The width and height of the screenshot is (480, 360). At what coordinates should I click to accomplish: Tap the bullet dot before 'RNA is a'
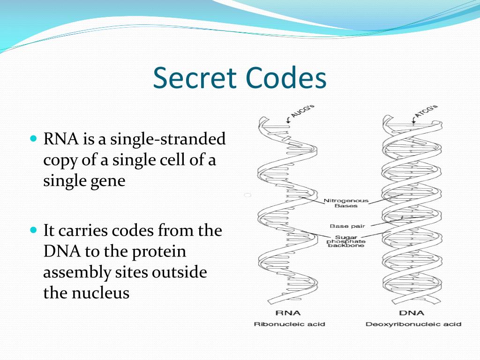point(33,139)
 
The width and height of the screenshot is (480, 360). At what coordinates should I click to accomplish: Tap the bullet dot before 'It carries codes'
point(33,231)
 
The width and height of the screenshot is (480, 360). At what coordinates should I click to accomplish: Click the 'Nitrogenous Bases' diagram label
point(346,203)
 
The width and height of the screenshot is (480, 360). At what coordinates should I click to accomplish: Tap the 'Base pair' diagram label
point(347,226)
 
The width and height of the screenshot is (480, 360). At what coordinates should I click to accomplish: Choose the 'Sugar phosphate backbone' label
point(346,241)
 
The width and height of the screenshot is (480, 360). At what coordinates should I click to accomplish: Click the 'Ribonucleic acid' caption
point(289,324)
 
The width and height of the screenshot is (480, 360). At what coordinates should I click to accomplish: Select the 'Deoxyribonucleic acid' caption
point(413,324)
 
